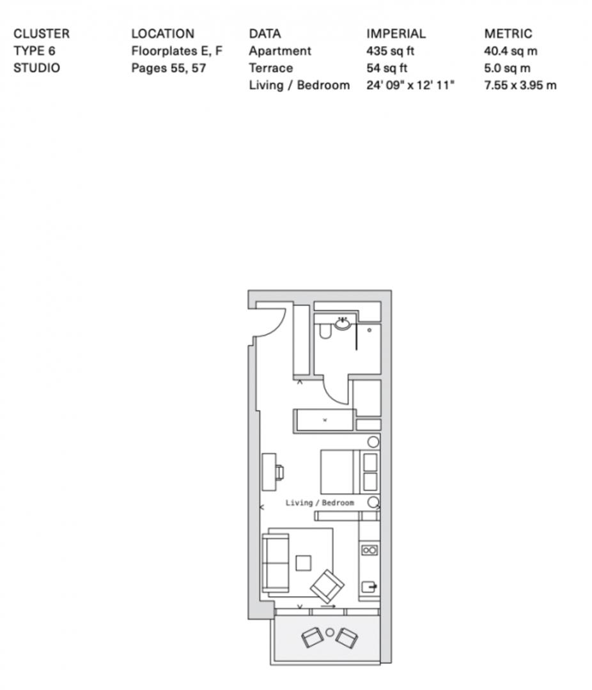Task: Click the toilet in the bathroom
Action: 325,332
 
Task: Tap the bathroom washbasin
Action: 342,324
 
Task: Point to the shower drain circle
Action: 369,330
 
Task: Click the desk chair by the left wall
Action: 280,473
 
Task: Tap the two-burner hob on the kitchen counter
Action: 370,550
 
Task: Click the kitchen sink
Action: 369,586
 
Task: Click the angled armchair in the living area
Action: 327,586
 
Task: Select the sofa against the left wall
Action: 276,563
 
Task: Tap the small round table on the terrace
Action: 329,632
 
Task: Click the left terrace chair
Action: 312,637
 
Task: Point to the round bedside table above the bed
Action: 373,442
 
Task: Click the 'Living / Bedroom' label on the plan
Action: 320,503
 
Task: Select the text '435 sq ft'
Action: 390,51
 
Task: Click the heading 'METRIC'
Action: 508,34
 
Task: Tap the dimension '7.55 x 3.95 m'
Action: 520,86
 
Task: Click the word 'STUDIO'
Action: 36,68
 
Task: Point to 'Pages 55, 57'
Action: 169,68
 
